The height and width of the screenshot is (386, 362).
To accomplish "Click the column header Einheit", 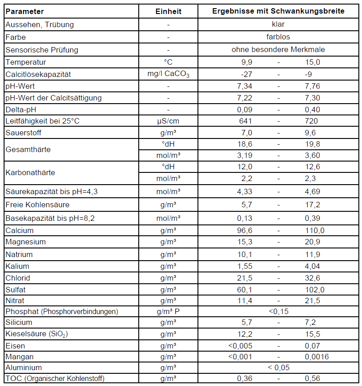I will tap(168, 11).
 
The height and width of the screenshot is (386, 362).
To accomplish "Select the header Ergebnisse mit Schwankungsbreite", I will tap(278, 11).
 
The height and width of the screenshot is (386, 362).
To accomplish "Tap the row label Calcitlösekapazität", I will tap(38, 74).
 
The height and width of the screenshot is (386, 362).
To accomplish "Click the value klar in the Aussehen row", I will tap(278, 24).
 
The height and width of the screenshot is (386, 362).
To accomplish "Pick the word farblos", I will tap(278, 37).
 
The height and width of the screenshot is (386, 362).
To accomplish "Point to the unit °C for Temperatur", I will tap(168, 62).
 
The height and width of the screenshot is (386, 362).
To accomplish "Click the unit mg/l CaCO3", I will tap(168, 74).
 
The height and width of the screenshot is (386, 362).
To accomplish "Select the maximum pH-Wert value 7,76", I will tap(312, 86).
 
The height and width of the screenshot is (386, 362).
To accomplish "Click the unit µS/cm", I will tap(168, 121).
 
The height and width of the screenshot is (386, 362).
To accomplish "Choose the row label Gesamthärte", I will tap(28, 150).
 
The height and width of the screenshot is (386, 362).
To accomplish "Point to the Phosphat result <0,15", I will tap(278, 311).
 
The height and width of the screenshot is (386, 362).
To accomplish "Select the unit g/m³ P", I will tap(168, 311).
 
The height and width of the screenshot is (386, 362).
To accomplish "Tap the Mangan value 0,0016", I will tap(316, 357).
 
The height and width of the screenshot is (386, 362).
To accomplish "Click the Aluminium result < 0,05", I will tap(278, 367).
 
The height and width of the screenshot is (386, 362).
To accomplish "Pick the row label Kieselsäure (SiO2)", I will tap(37, 334).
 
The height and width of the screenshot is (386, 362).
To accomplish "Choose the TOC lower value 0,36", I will tap(245, 378).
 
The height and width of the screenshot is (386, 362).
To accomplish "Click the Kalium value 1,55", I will tap(245, 266).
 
